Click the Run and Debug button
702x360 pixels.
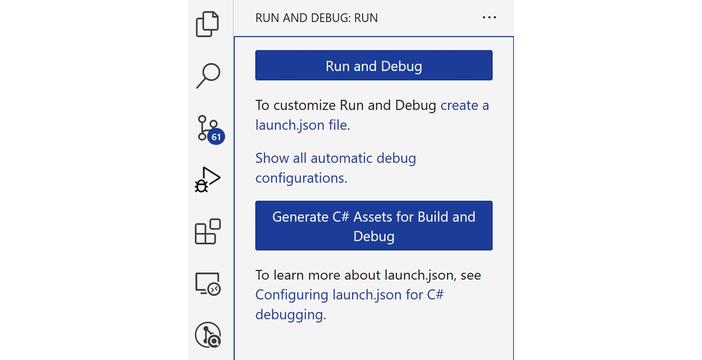coord(374,65)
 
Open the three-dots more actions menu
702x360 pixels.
coord(489,17)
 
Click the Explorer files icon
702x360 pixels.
coord(207,24)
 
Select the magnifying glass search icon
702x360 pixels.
coord(208,76)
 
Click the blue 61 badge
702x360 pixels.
coord(216,137)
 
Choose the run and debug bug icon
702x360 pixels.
coord(208,180)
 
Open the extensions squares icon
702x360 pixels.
coord(208,231)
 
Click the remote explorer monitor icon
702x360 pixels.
coord(208,283)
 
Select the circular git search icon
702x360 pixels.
coord(208,335)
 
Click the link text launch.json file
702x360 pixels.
coord(301,125)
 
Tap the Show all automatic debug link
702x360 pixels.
coord(336,158)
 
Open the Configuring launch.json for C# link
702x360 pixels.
coord(349,294)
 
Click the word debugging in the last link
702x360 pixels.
coord(289,314)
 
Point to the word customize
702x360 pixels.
coord(304,105)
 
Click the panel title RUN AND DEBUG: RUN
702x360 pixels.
coord(317,18)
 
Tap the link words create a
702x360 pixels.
coord(465,105)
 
